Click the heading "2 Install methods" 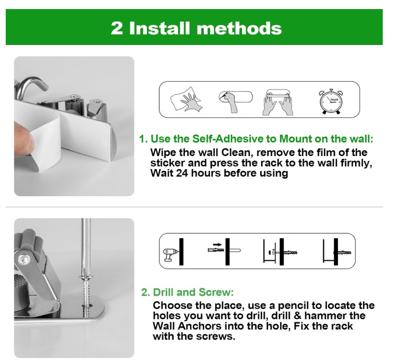point(196,28)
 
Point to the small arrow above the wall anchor point(218,244)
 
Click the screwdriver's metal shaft point(86,244)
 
